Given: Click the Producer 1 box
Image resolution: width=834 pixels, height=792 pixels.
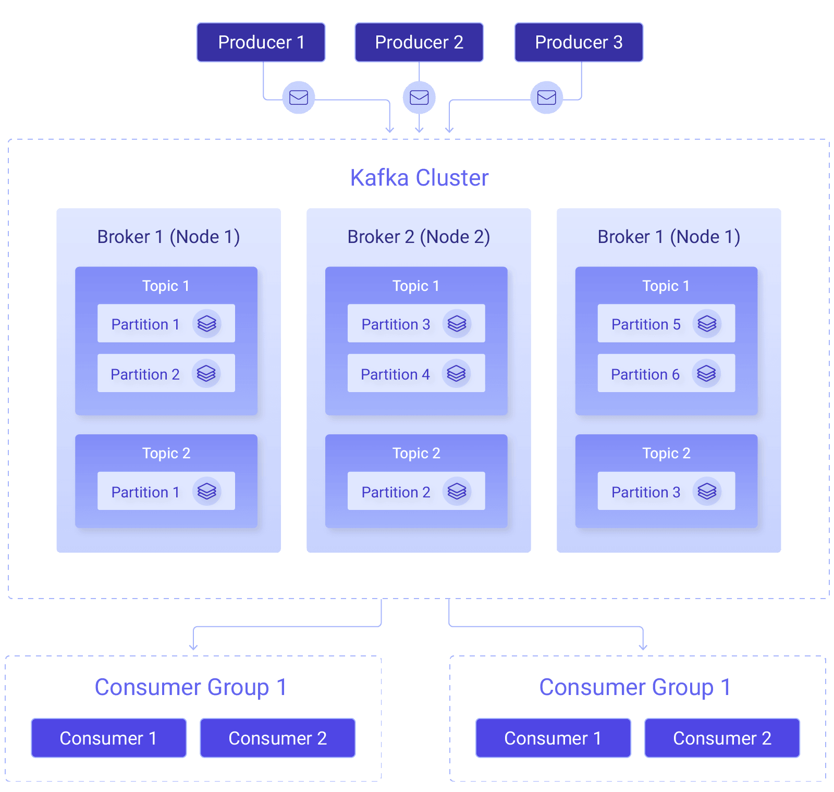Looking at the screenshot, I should point(261,42).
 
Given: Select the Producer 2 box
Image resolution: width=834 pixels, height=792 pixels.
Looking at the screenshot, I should point(419,42).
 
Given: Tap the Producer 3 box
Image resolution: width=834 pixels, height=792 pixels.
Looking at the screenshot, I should point(579,42).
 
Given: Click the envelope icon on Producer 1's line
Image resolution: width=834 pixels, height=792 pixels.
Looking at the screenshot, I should point(299,98).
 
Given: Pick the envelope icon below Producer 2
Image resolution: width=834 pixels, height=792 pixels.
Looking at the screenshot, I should point(419,98).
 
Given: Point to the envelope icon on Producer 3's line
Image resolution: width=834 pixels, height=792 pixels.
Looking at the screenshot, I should point(546,98).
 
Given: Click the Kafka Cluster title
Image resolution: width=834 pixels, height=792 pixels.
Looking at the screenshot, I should point(419,178).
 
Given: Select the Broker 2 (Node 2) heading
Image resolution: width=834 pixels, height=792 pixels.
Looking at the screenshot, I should point(419,237).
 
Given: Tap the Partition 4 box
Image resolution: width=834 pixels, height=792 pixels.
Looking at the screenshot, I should point(416,373).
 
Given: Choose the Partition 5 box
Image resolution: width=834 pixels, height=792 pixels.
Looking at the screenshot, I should point(666,323).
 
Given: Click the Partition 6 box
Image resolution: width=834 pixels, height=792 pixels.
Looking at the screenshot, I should point(666,373).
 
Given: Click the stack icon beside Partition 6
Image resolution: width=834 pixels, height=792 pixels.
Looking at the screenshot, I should point(706,373).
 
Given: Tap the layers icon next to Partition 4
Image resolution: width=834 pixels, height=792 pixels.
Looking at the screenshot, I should point(456,373).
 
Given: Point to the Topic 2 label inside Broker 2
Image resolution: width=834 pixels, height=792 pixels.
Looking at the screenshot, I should point(416,453).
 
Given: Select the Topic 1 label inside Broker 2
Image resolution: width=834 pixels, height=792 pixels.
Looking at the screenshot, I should point(416,286).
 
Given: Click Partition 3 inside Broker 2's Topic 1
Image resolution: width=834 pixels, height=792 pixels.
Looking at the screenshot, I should point(416,323).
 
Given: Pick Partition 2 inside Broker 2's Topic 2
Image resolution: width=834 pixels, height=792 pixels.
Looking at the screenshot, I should point(416,491).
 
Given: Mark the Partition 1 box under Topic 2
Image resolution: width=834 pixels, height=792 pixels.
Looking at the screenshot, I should point(166,491).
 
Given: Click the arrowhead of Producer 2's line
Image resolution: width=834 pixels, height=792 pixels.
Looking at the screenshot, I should point(419,130).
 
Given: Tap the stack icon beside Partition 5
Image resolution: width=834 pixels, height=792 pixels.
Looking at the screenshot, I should point(707,323).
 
